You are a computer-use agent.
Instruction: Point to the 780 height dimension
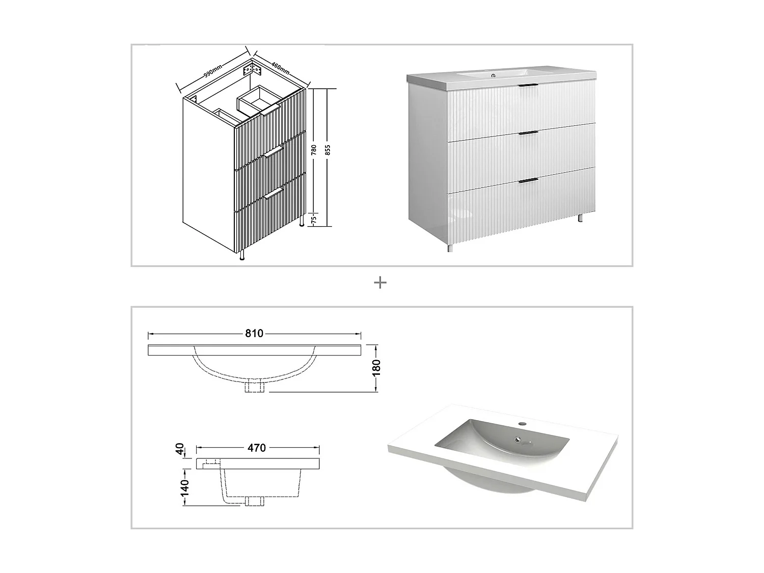coord(314,150)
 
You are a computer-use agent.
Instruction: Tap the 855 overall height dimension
coord(328,150)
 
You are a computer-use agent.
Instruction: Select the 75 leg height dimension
coord(314,219)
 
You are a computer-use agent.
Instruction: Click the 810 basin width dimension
coord(254,334)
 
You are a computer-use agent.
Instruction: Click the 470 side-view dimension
coord(257,448)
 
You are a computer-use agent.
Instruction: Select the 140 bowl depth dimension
coord(184,487)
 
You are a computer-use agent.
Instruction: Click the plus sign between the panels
coord(380,283)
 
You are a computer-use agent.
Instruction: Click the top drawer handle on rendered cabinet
coord(528,85)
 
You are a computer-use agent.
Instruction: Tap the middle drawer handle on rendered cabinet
coord(528,133)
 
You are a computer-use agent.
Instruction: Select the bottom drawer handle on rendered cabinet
coord(528,180)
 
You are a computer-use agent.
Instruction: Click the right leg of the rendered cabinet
coord(580,218)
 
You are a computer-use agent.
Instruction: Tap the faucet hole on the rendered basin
coord(522,423)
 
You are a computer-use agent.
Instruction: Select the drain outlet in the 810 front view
coord(255,387)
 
